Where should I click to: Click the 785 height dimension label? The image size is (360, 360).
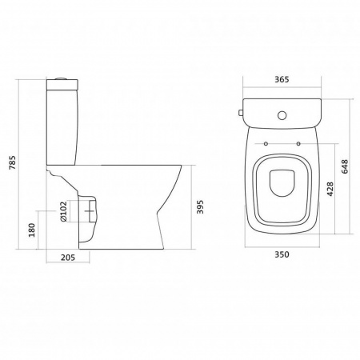(x=13, y=162)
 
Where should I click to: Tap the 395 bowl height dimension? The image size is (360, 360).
(x=200, y=206)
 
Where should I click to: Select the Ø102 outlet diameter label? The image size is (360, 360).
(x=63, y=212)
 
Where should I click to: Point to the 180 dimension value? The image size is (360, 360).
(x=32, y=230)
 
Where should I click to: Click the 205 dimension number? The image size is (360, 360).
(x=68, y=258)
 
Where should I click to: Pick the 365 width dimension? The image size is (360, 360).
(x=282, y=79)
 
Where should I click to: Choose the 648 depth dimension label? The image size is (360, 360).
(x=345, y=166)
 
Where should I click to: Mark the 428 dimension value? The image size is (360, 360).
(x=330, y=189)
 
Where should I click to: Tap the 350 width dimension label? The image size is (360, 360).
(x=282, y=254)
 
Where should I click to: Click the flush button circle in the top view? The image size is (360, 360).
(x=282, y=115)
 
